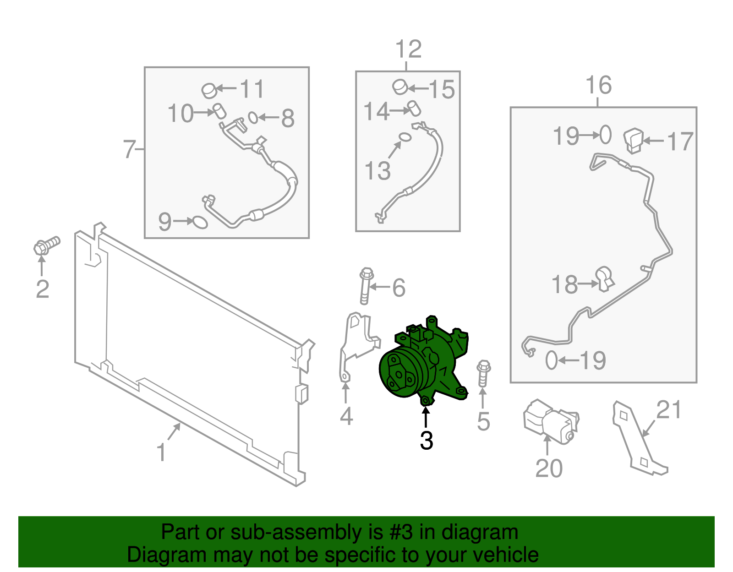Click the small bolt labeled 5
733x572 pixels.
484,373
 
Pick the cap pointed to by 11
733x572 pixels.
209,90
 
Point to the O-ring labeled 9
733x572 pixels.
200,223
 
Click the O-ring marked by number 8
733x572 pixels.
253,118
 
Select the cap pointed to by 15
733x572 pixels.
400,87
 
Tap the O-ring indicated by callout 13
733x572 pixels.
405,137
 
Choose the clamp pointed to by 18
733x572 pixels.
605,279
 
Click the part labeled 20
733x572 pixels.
551,422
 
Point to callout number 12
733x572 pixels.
409,49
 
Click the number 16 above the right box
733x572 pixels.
599,85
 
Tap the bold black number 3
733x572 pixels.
427,440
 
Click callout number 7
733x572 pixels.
129,149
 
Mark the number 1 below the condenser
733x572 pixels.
162,452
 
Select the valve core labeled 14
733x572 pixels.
414,108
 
